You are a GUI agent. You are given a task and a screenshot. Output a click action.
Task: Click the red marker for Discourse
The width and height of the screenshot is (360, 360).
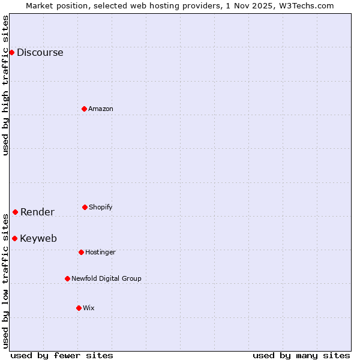pyautogui.click(x=11, y=52)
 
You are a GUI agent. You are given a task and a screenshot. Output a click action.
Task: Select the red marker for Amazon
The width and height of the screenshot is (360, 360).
pyautogui.click(x=85, y=109)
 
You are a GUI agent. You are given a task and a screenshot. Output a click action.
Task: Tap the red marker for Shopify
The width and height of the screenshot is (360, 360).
pyautogui.click(x=85, y=207)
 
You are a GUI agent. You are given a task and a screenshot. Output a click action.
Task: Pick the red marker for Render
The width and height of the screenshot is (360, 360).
pyautogui.click(x=15, y=212)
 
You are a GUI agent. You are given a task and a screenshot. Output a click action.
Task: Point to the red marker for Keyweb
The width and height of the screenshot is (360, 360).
pyautogui.click(x=14, y=238)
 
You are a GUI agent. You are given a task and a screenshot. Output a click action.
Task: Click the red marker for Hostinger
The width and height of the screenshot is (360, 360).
pyautogui.click(x=81, y=252)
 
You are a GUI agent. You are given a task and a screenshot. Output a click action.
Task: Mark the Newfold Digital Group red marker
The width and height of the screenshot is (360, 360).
pyautogui.click(x=67, y=278)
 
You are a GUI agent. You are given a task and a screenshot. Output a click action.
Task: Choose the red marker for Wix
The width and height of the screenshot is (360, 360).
pyautogui.click(x=79, y=308)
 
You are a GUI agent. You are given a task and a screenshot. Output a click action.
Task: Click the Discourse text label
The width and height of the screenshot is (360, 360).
pyautogui.click(x=40, y=52)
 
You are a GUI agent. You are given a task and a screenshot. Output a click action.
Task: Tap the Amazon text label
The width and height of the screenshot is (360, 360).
pyautogui.click(x=101, y=109)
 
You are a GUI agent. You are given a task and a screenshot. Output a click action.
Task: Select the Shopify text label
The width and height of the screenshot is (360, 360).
pyautogui.click(x=101, y=207)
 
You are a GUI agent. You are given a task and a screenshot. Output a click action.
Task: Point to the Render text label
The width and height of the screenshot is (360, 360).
pyautogui.click(x=37, y=212)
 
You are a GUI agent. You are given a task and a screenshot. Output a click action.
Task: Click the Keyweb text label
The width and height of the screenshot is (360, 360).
pyautogui.click(x=38, y=238)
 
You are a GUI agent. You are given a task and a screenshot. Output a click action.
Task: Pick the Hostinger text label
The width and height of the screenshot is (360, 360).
pyautogui.click(x=100, y=252)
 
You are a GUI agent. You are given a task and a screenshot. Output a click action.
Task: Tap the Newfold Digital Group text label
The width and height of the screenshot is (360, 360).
pyautogui.click(x=106, y=278)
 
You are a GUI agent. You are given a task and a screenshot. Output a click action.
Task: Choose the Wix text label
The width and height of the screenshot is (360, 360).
pyautogui.click(x=89, y=308)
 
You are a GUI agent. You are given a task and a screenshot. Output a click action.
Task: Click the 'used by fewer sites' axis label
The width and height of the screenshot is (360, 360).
pyautogui.click(x=62, y=355)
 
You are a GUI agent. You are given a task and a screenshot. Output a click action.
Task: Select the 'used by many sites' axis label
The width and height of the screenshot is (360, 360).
pyautogui.click(x=301, y=355)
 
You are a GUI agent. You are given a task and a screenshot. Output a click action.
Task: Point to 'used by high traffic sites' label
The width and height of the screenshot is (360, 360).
pyautogui.click(x=5, y=85)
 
